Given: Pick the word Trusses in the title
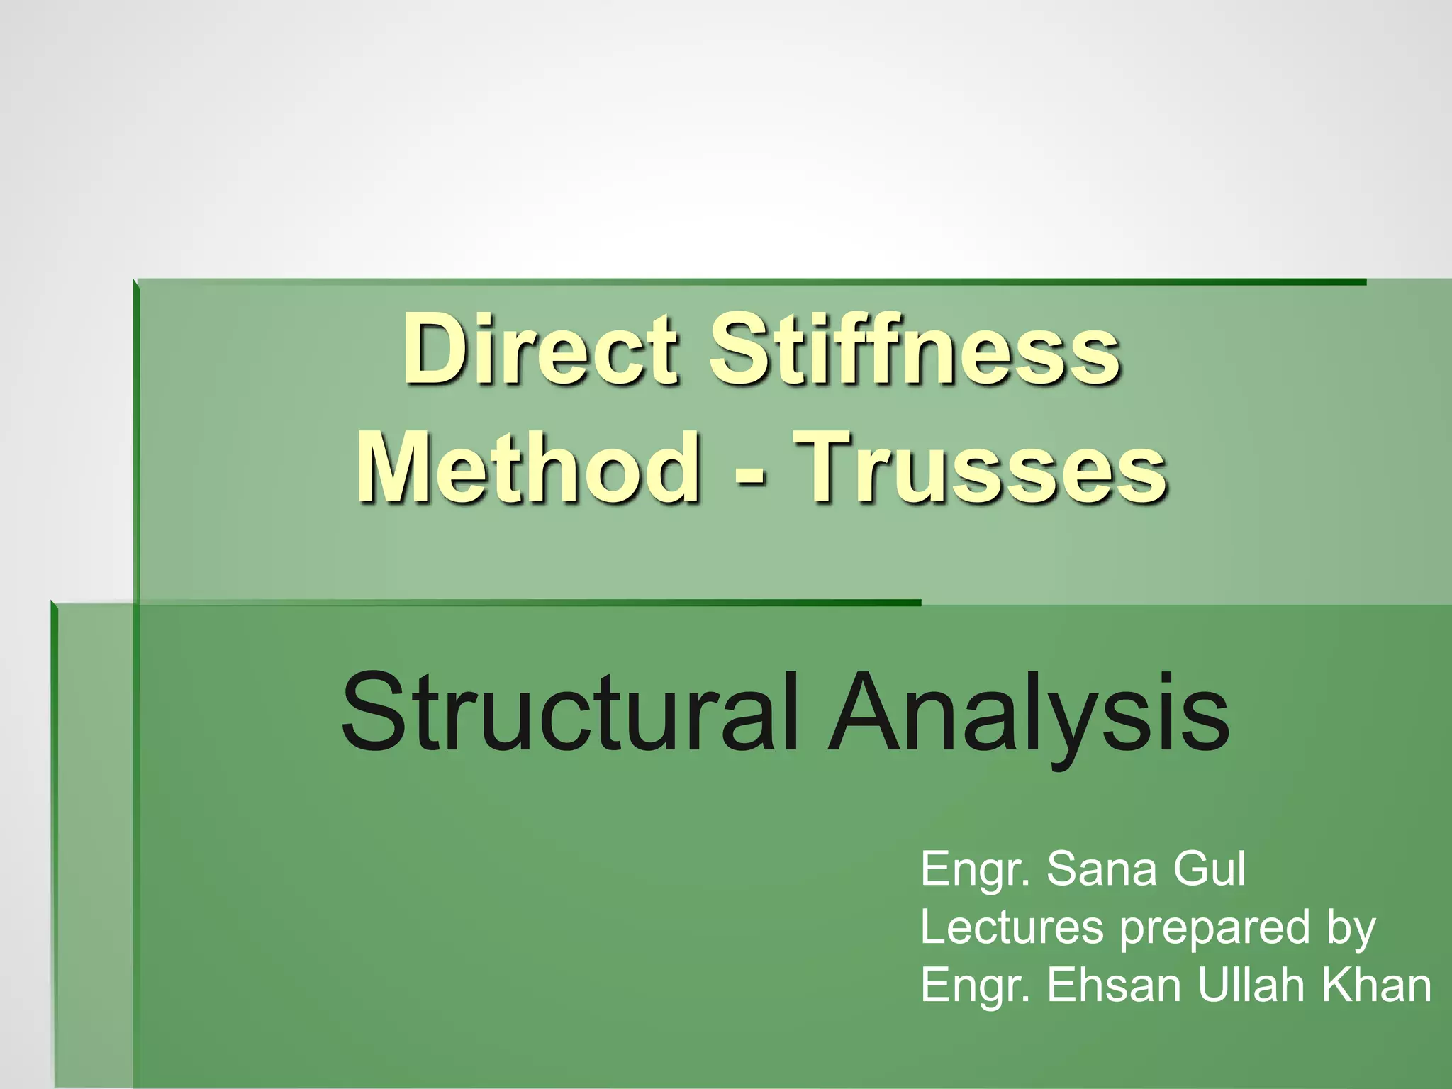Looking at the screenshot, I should point(978,468).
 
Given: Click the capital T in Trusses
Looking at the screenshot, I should point(826,468).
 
